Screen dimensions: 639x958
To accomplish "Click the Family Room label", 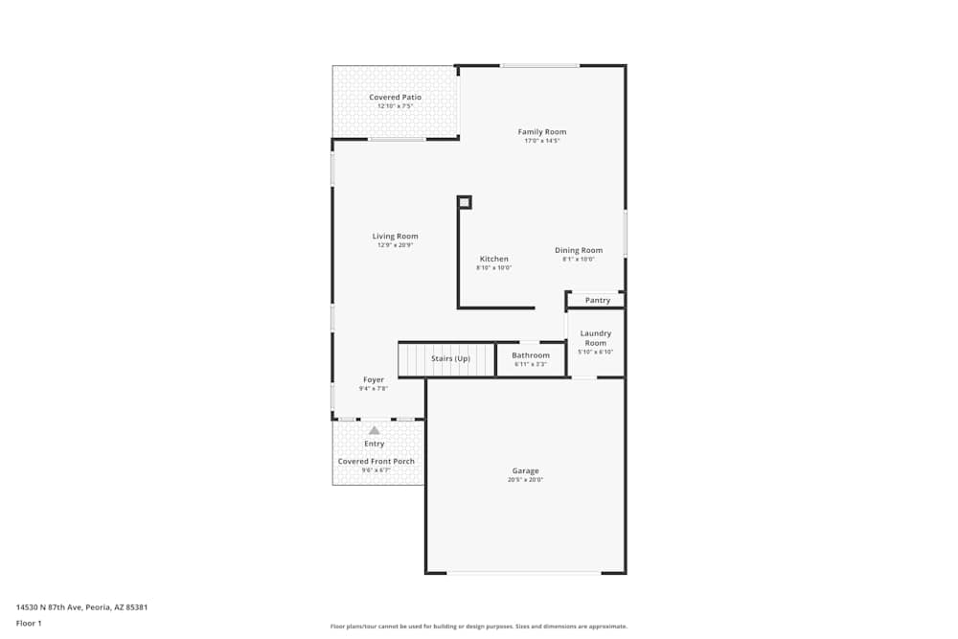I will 542,132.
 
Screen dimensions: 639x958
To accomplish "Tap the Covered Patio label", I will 396,98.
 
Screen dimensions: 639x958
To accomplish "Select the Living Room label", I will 396,237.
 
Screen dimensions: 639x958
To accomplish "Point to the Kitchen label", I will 494,260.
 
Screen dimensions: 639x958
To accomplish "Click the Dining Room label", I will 579,251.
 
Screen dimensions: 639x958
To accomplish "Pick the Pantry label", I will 598,301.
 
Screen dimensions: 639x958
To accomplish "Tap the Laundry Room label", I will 596,338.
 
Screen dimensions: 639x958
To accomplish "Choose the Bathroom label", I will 531,356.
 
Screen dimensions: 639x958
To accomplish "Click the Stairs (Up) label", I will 450,358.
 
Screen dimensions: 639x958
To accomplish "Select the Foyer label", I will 374,380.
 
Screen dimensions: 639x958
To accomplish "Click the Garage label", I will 525,471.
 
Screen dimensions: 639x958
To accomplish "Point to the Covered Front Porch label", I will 376,462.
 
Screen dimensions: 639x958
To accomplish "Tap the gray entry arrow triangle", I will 375,431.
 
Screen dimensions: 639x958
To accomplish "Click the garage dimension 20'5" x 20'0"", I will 525,480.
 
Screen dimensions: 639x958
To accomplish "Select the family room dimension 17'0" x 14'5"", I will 542,141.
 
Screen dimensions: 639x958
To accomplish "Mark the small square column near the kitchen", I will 465,202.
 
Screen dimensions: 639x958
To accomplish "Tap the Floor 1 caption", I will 29,623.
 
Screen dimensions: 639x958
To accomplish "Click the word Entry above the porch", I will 375,444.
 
